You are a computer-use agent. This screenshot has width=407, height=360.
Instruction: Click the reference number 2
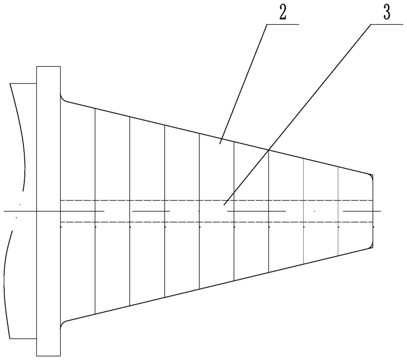click(x=283, y=14)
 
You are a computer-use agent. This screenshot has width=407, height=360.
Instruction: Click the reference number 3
click(x=386, y=13)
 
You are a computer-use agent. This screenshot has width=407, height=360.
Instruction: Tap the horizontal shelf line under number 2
click(x=283, y=24)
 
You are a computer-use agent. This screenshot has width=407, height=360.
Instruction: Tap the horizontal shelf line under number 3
click(x=387, y=24)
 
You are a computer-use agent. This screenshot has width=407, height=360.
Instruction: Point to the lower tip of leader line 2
click(x=220, y=143)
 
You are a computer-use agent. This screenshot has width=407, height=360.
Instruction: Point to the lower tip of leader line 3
click(x=224, y=205)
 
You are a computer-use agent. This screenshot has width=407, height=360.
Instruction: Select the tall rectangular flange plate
click(x=49, y=211)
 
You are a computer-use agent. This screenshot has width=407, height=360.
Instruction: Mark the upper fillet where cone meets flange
click(x=63, y=99)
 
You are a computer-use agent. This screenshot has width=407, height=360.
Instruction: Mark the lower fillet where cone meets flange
click(x=63, y=324)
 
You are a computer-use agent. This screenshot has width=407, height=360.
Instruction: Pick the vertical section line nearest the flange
click(x=95, y=211)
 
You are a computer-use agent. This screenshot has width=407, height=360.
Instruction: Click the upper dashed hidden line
click(x=216, y=200)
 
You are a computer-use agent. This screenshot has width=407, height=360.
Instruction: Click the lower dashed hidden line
click(x=216, y=222)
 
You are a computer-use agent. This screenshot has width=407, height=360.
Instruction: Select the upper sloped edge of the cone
click(x=218, y=138)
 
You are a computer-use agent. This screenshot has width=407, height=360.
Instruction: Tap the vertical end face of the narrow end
click(x=373, y=211)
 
